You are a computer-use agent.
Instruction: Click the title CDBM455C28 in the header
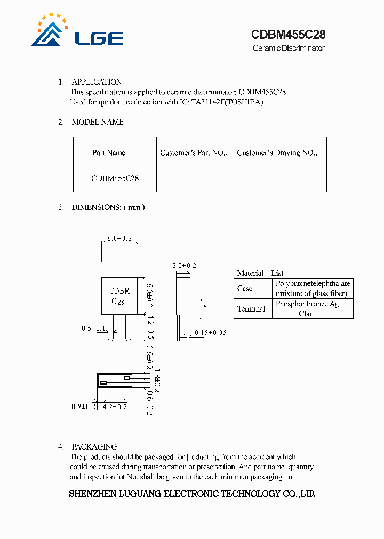(x=288, y=35)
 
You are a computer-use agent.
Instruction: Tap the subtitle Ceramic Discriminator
(x=288, y=48)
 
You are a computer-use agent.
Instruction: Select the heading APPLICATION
(x=97, y=82)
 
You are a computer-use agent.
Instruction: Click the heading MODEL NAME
(x=98, y=122)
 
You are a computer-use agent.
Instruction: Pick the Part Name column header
(x=109, y=153)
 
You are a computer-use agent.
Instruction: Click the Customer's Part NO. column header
(x=194, y=153)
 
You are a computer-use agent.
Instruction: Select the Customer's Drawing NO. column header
(x=277, y=153)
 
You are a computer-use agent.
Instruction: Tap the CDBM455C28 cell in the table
(x=115, y=178)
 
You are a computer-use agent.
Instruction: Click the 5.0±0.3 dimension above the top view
(x=119, y=239)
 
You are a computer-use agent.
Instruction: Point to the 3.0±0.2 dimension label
(x=185, y=265)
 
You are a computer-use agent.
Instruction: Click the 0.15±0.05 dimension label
(x=210, y=333)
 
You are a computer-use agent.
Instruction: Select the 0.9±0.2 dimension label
(x=83, y=406)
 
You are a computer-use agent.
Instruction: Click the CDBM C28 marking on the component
(x=119, y=296)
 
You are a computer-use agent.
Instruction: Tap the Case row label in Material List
(x=245, y=289)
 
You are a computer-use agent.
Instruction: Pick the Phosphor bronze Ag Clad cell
(x=307, y=309)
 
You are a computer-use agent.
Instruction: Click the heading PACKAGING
(x=94, y=447)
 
